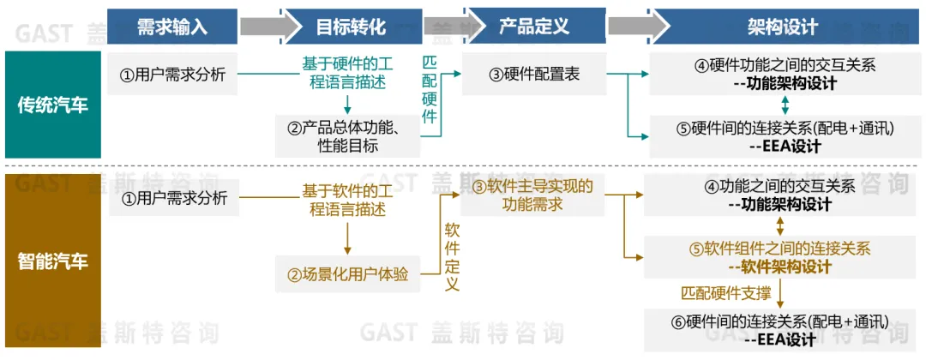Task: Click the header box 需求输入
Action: (x=172, y=27)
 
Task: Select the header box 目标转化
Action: (x=352, y=27)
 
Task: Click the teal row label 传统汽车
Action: (x=53, y=105)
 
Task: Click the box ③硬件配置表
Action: (x=534, y=75)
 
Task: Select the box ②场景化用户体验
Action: (x=347, y=275)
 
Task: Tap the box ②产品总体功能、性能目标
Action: (x=347, y=136)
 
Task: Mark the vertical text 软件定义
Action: (x=453, y=256)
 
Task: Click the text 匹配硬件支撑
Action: (x=725, y=292)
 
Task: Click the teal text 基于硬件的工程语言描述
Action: (x=347, y=75)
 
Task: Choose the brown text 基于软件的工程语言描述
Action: (x=347, y=199)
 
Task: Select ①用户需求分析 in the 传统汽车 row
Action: (x=172, y=75)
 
